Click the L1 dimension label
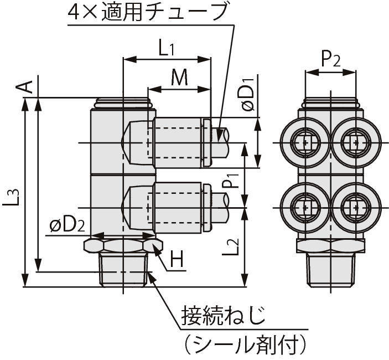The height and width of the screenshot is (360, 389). point(165,49)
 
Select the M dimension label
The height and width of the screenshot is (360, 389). point(179,78)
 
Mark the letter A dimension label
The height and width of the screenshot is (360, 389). point(24,86)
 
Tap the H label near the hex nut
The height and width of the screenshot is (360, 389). point(177,259)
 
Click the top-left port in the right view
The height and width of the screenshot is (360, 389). point(304,143)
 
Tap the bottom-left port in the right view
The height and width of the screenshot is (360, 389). point(304,208)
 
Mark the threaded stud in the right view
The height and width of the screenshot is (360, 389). point(330,269)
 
